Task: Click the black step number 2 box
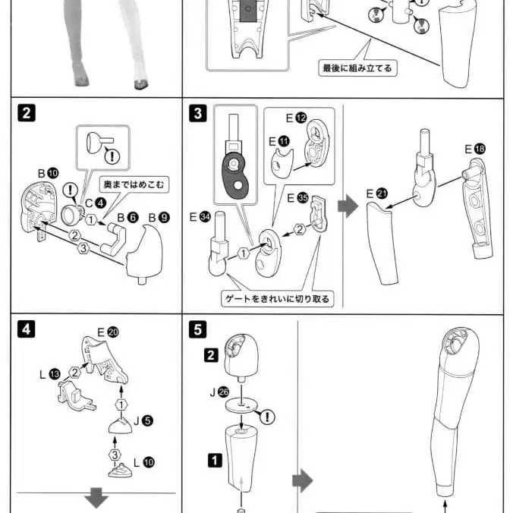[x=27, y=113]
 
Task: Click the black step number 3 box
[x=197, y=113]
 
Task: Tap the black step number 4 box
[x=27, y=329]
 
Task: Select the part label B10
[x=48, y=173]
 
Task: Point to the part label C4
[x=96, y=203]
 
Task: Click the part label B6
[x=128, y=218]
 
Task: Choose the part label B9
[x=159, y=218]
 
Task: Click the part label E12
[x=297, y=118]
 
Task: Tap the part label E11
[x=279, y=142]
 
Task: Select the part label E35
[x=297, y=198]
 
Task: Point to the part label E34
[x=200, y=217]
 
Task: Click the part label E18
[x=475, y=149]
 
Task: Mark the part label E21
[x=377, y=194]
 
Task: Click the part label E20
[x=108, y=332]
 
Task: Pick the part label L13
[x=50, y=374]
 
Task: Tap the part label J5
[x=143, y=420]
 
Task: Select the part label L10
[x=144, y=462]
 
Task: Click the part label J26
[x=219, y=392]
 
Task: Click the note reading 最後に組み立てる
[x=357, y=68]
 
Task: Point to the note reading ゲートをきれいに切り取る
[x=278, y=299]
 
